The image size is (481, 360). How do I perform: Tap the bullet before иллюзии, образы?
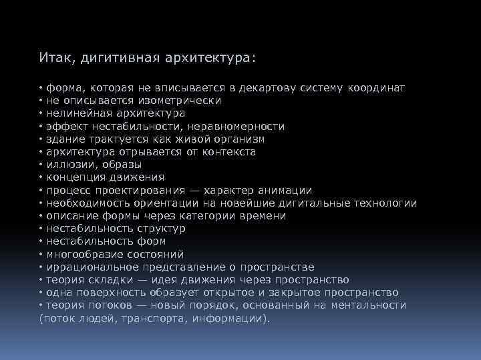click(41, 165)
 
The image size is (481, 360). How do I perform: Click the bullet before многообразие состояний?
click(41, 255)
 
